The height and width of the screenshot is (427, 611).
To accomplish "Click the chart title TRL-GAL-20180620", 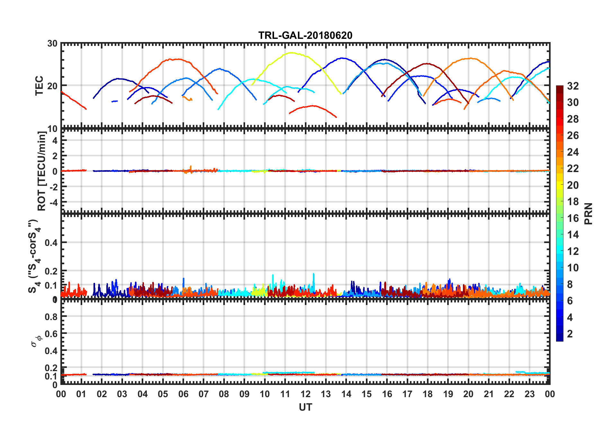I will point(305,35).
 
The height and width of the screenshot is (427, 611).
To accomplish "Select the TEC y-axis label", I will point(39,85).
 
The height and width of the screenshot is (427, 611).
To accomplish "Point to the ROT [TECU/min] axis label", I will point(42,171).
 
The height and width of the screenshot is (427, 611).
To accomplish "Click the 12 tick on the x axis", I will point(305,394).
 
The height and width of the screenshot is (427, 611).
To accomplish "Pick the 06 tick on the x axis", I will point(183,394).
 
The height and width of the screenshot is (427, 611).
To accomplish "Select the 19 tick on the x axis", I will point(448,394).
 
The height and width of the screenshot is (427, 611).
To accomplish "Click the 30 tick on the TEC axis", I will point(52,44).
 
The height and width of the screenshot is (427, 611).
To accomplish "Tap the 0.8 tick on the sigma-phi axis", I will point(51,317).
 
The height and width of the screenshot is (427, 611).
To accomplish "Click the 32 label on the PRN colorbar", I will point(573,86).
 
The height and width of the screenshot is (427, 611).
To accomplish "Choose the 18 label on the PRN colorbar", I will point(573,202).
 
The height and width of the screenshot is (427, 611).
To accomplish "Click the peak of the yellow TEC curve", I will point(291,53).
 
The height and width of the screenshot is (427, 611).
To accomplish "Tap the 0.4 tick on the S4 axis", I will point(51,243).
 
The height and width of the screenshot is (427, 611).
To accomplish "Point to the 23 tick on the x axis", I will point(529,394).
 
